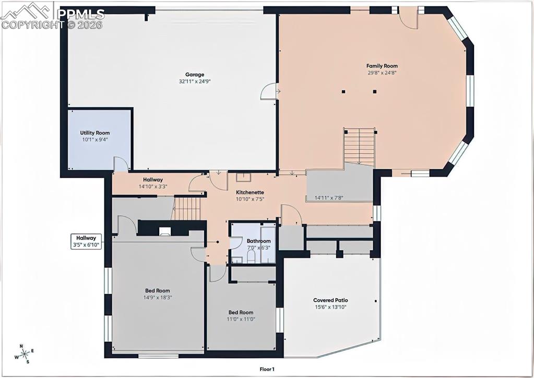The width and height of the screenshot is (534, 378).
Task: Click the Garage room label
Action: [194, 75]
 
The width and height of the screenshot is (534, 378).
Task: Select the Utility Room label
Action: [94, 133]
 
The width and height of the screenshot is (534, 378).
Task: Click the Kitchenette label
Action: [250, 192]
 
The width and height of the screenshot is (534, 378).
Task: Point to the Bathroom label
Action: [258, 241]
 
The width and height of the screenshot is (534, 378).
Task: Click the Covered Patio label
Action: [330, 300]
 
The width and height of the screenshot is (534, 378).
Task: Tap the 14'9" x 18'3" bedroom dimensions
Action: [158, 297]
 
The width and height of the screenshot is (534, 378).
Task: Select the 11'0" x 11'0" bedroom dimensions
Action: [241, 319]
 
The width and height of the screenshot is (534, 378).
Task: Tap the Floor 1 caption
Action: [267, 369]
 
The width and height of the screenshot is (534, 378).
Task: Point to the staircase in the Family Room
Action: [359, 146]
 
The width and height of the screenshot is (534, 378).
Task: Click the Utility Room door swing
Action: [121, 164]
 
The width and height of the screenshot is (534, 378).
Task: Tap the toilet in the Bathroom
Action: [251, 256]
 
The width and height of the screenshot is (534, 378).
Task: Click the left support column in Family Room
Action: [344, 91]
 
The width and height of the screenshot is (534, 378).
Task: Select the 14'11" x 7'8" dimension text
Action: [328, 197]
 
